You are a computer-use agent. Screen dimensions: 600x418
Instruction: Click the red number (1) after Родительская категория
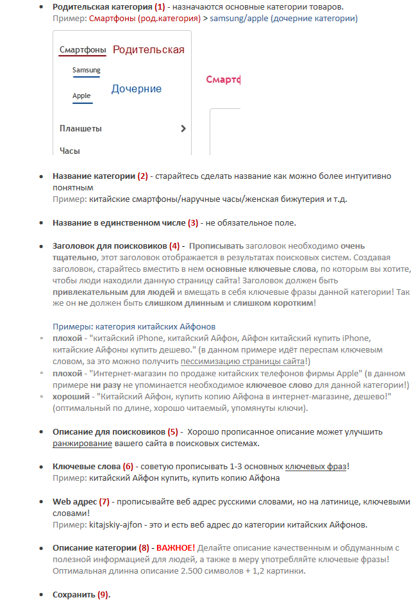click(x=160, y=7)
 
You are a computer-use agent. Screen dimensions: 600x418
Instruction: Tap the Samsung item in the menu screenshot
click(x=86, y=70)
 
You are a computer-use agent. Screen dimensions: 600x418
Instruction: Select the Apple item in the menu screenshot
click(x=81, y=96)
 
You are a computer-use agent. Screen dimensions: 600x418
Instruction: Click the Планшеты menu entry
click(x=80, y=128)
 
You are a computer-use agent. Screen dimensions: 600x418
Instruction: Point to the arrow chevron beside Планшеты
click(x=183, y=128)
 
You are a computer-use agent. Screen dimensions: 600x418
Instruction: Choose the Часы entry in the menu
click(x=70, y=151)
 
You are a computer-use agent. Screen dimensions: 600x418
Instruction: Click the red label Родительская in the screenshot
click(x=148, y=49)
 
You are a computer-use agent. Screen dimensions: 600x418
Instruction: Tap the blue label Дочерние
click(x=137, y=88)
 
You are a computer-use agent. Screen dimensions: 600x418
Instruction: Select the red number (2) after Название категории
click(x=142, y=176)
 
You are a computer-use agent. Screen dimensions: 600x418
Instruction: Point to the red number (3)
click(x=193, y=222)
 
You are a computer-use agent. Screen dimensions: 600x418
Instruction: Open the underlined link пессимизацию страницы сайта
click(x=240, y=361)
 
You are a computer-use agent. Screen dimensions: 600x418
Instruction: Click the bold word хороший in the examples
click(x=71, y=396)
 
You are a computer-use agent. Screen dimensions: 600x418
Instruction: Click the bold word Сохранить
click(x=74, y=594)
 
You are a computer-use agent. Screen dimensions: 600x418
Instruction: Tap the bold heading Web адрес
click(x=74, y=501)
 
